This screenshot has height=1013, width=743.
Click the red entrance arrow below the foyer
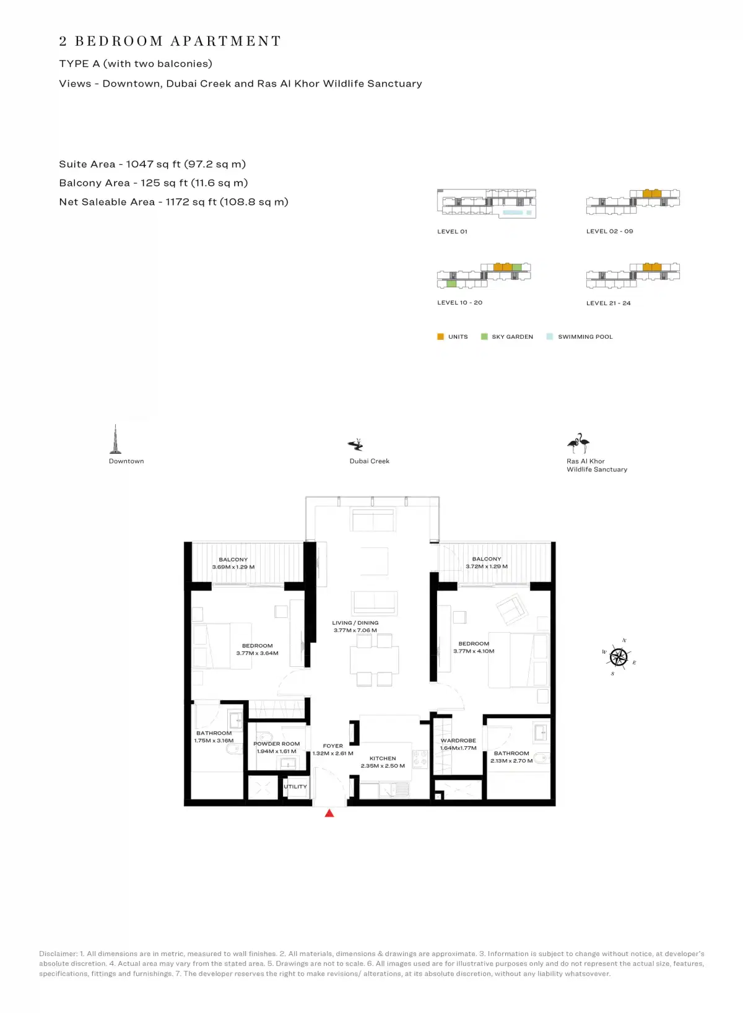(x=329, y=813)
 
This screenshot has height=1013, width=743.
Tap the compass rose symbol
(x=619, y=656)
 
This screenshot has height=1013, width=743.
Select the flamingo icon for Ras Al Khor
(x=578, y=443)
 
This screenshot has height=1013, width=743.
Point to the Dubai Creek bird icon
(x=356, y=445)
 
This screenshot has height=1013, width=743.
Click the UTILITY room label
(x=295, y=786)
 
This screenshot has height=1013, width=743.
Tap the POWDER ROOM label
(x=276, y=744)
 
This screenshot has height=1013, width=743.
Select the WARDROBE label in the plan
(x=458, y=741)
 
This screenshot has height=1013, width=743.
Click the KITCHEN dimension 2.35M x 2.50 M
(x=383, y=766)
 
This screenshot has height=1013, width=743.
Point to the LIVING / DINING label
(x=355, y=623)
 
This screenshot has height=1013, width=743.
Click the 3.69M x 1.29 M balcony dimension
(x=233, y=567)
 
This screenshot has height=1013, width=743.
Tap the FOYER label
(x=332, y=746)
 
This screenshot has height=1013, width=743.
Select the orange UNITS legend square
(x=441, y=337)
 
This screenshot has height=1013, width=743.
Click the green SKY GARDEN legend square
(x=484, y=337)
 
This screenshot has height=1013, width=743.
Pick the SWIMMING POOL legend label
(x=585, y=337)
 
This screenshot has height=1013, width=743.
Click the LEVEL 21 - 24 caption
(x=608, y=303)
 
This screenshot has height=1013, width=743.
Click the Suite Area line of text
(x=152, y=164)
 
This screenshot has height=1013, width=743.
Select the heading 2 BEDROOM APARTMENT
(x=170, y=41)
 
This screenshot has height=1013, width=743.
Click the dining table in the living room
(x=374, y=660)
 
